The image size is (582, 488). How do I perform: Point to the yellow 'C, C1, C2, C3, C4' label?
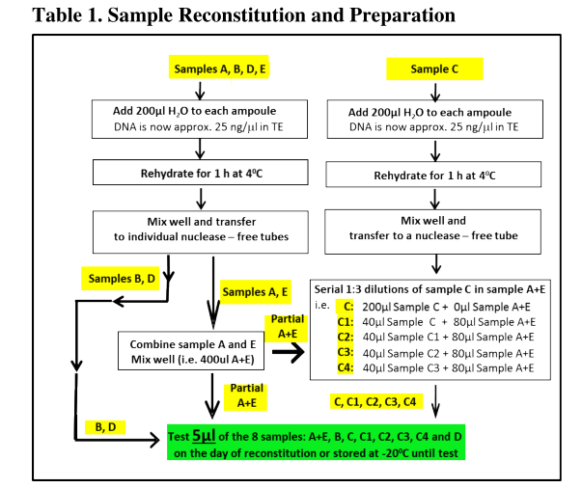[374, 401]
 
